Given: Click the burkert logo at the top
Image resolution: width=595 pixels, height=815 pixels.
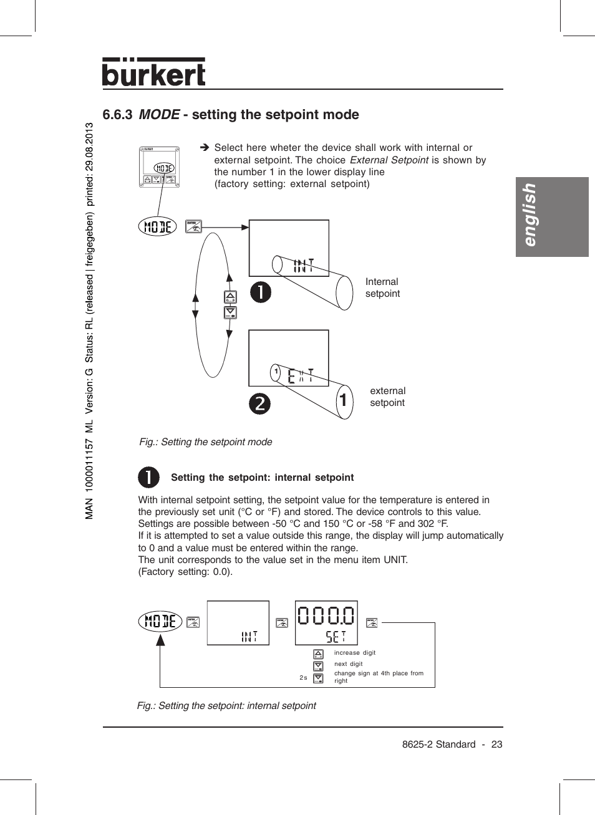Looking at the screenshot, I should tap(153, 73).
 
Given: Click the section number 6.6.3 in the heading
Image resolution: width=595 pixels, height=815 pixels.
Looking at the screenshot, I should tap(117, 115).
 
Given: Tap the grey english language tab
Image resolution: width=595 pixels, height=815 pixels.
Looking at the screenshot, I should tap(551, 216).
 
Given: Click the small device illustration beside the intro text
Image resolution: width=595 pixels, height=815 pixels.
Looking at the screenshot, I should tap(159, 167).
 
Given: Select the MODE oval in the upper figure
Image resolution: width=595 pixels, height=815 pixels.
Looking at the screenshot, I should tap(157, 226).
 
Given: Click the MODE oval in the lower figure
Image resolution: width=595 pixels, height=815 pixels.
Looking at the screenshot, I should tap(160, 621).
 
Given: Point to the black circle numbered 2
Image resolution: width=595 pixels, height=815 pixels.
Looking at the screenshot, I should tap(260, 403).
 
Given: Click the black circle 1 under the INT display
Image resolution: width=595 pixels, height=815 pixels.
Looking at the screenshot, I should tap(261, 292).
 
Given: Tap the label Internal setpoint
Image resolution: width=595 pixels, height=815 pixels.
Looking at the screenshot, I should tap(382, 287).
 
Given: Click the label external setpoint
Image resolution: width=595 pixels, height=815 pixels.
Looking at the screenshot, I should tap(387, 397).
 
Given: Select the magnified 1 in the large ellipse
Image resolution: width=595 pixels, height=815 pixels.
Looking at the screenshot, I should tap(343, 400).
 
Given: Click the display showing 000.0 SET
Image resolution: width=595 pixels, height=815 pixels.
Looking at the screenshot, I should tap(326, 623).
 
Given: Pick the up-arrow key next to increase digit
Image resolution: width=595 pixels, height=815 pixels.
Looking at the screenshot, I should tap(318, 654).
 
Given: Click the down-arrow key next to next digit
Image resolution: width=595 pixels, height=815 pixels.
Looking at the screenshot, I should tap(318, 666).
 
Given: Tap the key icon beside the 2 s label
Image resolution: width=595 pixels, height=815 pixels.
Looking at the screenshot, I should tap(318, 678).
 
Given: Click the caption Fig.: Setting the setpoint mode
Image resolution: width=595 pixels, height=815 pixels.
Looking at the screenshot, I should tap(205, 442).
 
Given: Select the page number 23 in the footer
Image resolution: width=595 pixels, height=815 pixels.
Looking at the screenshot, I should tap(496, 745).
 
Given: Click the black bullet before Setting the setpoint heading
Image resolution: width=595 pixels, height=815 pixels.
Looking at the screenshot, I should tap(148, 478).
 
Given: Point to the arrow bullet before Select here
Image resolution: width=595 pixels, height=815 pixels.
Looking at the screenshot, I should tap(204, 148).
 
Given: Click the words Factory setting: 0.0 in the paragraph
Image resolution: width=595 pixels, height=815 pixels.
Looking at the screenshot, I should tap(185, 572).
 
